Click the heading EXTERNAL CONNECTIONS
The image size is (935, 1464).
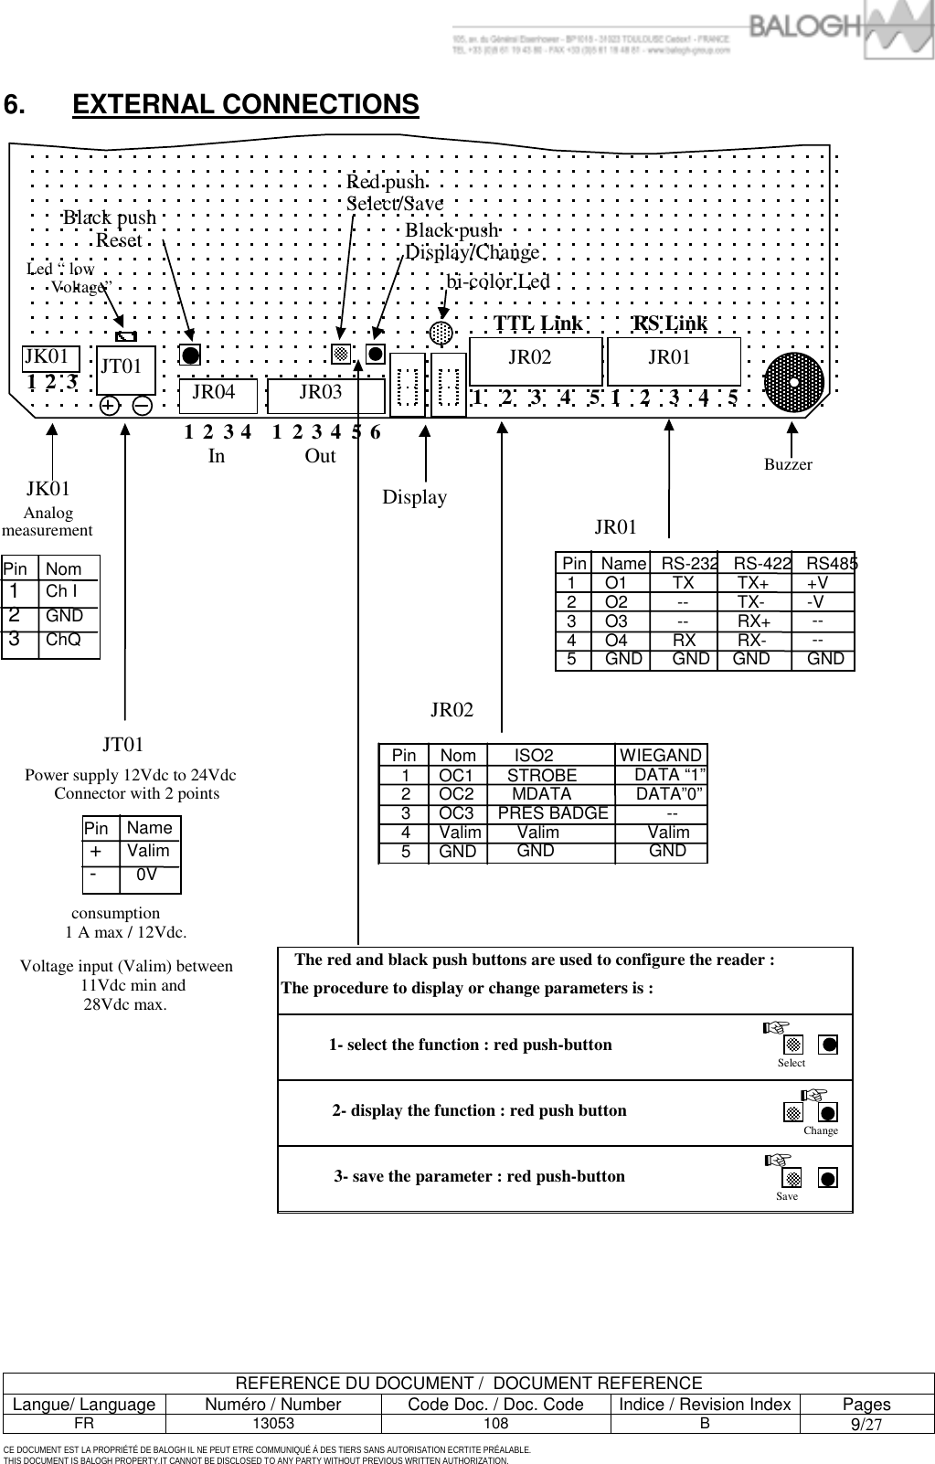point(245,104)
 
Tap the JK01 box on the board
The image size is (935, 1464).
point(49,357)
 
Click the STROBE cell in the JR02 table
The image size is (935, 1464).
point(542,776)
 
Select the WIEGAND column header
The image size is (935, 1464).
point(661,756)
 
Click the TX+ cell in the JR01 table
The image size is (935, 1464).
point(753,583)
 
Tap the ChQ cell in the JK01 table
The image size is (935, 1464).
point(63,640)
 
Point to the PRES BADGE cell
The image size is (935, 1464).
point(553,813)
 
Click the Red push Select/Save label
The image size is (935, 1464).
point(393,193)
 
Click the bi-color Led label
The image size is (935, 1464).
point(498,281)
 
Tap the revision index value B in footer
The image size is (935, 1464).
point(704,1424)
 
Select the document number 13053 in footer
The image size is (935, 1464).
point(273,1424)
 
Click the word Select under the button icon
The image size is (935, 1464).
point(792,1063)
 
